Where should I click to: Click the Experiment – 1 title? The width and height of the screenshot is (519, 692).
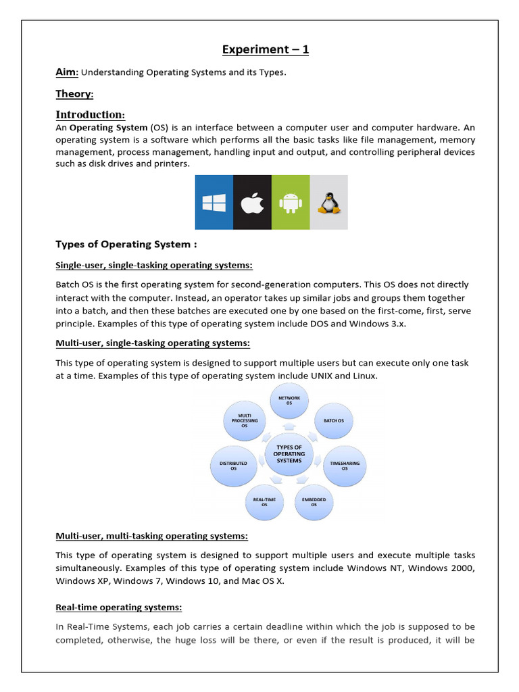click(266, 49)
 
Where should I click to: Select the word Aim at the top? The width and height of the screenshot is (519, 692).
click(66, 72)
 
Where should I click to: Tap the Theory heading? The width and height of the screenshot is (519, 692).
click(74, 94)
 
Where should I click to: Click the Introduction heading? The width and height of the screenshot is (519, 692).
click(90, 114)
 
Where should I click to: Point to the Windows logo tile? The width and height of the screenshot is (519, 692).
click(214, 202)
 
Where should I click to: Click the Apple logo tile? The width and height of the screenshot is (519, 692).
click(252, 202)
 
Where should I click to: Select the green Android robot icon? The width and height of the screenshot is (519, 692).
click(290, 202)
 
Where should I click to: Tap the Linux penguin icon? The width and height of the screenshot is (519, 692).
click(328, 202)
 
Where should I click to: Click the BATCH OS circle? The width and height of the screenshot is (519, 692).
click(333, 420)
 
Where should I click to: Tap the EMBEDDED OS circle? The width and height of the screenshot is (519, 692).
click(314, 502)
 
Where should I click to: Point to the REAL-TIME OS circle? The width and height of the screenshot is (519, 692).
click(264, 502)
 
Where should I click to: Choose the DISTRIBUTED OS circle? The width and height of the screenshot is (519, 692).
click(234, 465)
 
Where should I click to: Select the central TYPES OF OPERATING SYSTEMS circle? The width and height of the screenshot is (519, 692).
click(289, 454)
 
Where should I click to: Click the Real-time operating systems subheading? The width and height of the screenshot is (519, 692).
click(118, 608)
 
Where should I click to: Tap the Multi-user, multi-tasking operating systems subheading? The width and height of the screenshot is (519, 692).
click(151, 536)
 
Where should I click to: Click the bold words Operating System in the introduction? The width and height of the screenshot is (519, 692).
click(108, 128)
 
